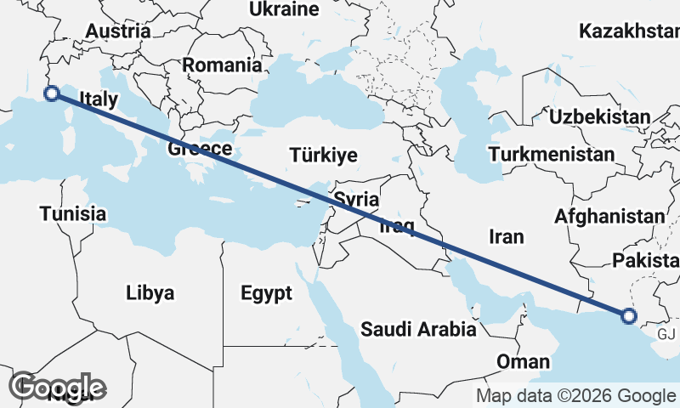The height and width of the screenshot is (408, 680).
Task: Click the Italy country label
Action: tap(98, 99)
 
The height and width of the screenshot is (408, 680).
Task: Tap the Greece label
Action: tap(200, 150)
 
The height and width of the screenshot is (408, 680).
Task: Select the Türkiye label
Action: tap(323, 156)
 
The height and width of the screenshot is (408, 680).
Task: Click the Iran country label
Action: tap(506, 236)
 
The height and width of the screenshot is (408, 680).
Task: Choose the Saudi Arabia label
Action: tap(417, 329)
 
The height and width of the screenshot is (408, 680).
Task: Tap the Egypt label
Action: tap(266, 294)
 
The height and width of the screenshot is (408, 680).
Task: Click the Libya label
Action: tap(150, 294)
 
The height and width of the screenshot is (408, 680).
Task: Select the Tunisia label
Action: tap(73, 213)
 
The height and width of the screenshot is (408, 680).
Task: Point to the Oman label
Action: tap(523, 362)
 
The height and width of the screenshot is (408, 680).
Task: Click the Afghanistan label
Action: tap(609, 217)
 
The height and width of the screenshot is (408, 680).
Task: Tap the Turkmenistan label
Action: tap(551, 155)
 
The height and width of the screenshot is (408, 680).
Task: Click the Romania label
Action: tap(222, 65)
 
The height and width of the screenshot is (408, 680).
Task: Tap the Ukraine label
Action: tap(284, 10)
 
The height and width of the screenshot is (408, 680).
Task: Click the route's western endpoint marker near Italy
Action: tap(51, 93)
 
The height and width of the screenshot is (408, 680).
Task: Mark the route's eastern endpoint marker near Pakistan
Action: tap(628, 316)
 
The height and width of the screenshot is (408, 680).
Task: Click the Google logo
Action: tap(57, 388)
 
